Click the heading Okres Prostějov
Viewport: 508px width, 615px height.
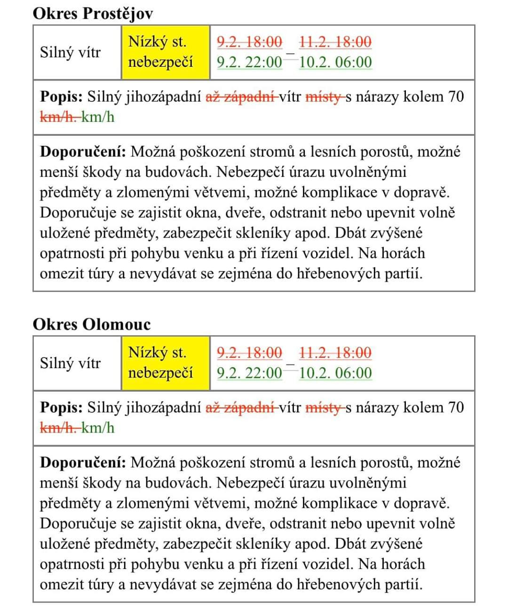93,13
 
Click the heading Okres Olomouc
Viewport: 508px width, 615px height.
92,324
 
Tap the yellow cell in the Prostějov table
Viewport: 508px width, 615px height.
165,52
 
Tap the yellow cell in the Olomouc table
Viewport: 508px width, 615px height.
165,363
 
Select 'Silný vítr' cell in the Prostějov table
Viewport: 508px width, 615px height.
70,52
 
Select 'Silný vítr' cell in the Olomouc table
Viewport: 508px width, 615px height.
70,363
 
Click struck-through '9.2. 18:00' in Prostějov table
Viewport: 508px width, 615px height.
249,42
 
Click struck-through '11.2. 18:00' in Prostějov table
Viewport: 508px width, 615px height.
335,42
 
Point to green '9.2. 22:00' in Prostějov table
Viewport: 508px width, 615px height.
249,62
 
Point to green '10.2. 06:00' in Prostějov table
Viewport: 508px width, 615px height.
335,62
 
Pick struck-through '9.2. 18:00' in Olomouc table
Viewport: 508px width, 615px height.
249,353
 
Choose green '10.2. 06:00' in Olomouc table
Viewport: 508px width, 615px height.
335,373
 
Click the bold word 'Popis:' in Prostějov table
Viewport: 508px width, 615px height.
61,97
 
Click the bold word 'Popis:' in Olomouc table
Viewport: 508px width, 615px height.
61,408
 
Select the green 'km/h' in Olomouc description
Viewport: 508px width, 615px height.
98,428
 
